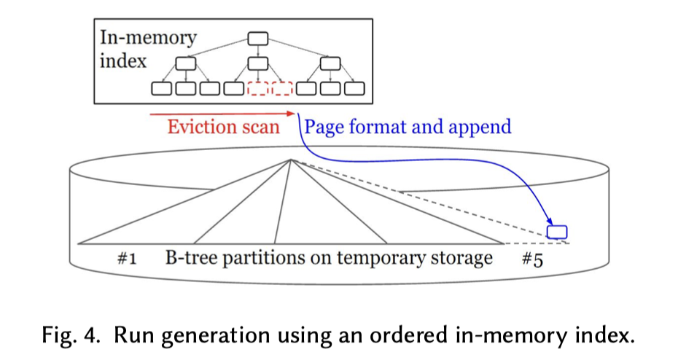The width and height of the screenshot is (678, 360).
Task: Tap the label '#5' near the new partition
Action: [532, 259]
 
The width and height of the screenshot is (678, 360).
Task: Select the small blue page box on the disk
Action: [557, 232]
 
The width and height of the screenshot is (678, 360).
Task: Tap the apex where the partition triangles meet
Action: [291, 160]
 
